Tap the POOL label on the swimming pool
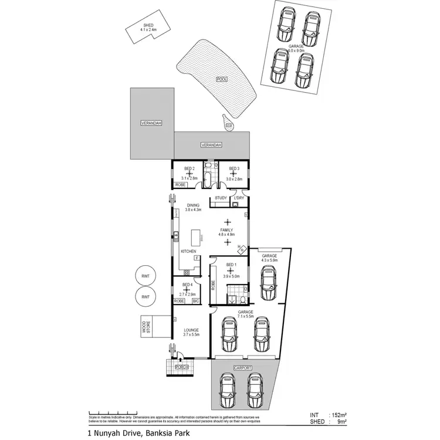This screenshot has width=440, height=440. tap(221, 78)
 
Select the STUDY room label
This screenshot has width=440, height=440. tap(221, 198)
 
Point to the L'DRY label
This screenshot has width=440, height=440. tap(239, 198)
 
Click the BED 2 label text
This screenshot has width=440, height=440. tap(189, 169)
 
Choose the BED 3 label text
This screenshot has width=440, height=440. tap(234, 169)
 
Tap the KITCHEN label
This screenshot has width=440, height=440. tap(188, 251)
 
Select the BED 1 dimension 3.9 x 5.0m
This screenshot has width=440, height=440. tap(231, 276)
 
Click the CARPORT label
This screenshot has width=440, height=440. tap(243, 368)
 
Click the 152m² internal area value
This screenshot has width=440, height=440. tap(339, 414)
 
